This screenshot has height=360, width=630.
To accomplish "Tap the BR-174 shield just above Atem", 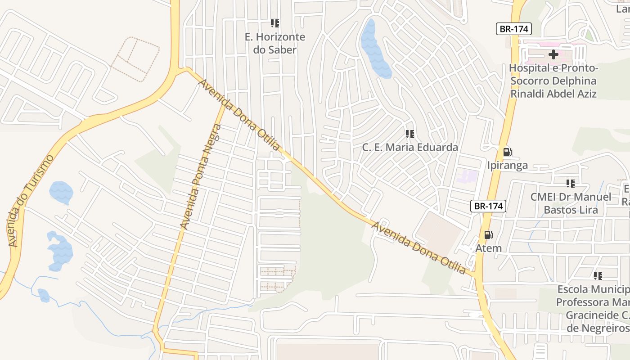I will click(488, 206).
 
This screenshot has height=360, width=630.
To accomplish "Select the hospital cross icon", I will click(553, 55).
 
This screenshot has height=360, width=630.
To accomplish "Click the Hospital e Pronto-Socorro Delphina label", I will click(553, 81).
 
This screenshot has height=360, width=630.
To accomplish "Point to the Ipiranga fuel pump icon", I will click(507, 152).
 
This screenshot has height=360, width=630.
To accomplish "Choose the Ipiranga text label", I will click(507, 165).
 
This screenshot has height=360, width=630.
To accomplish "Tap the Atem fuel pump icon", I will click(488, 235).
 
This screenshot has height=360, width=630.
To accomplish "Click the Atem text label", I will click(488, 248).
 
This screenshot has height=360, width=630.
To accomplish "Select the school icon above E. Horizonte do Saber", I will click(274, 23).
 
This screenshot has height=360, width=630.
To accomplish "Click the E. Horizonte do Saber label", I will click(274, 43).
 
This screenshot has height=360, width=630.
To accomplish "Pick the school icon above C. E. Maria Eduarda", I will click(409, 134).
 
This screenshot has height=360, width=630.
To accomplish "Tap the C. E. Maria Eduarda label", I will click(410, 147).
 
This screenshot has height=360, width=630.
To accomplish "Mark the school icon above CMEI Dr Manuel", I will click(570, 184).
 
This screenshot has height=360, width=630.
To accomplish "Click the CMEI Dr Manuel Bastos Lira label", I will click(571, 203).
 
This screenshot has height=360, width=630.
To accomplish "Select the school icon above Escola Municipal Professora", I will click(598, 275).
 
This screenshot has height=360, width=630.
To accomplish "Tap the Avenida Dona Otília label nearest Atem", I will click(418, 247).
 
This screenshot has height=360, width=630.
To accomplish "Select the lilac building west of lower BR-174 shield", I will click(468, 176).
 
